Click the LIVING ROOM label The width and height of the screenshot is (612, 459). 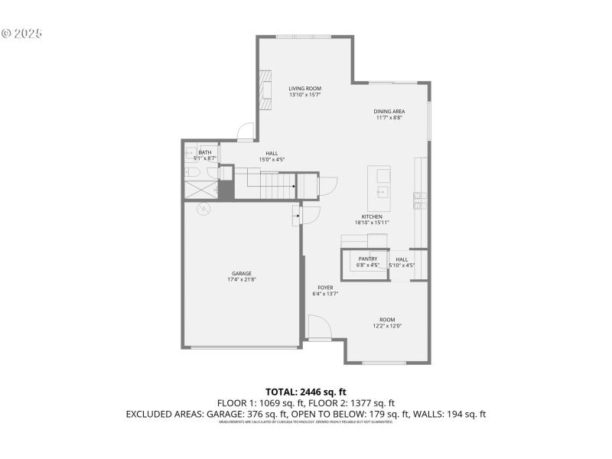pos(304,89)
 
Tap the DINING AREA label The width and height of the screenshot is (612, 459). pos(389,112)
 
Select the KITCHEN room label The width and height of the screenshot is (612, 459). pos(372,216)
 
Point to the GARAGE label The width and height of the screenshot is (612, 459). pos(242,273)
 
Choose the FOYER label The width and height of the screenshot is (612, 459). pos(325,288)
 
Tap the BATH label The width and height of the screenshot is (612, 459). pos(205,152)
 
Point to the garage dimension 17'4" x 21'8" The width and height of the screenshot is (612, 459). pos(242,280)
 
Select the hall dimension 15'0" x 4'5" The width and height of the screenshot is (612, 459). pos(272,159)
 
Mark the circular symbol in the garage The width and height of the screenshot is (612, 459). pos(204,210)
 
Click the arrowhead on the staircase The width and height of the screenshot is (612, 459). pos(294,185)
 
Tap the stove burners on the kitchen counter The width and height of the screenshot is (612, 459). pos(418,200)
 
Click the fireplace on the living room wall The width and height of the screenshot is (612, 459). pos(265,85)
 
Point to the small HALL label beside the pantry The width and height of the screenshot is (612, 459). pos(402,259)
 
